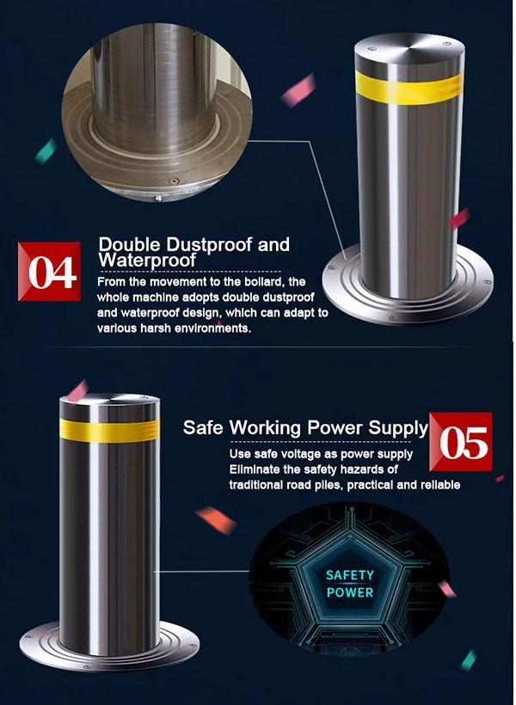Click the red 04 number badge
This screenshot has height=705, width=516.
tap(50, 271)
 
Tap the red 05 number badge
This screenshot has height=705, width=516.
tap(461, 442)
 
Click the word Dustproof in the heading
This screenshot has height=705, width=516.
tap(209, 244)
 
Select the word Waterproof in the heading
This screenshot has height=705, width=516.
tap(147, 261)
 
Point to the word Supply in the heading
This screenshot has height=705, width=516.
tap(398, 428)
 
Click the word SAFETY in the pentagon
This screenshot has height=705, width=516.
tap(349, 575)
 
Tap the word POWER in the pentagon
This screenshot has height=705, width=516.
tap(350, 592)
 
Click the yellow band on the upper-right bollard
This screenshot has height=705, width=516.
tap(409, 87)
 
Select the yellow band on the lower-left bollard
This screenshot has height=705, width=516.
tap(109, 430)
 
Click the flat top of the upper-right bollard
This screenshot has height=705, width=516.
tap(409, 46)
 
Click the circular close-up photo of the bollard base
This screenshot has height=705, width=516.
tap(157, 113)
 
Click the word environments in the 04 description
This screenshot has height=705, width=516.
tap(212, 328)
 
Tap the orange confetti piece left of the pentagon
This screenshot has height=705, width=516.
tap(216, 520)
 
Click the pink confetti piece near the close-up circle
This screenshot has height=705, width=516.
tap(298, 91)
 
